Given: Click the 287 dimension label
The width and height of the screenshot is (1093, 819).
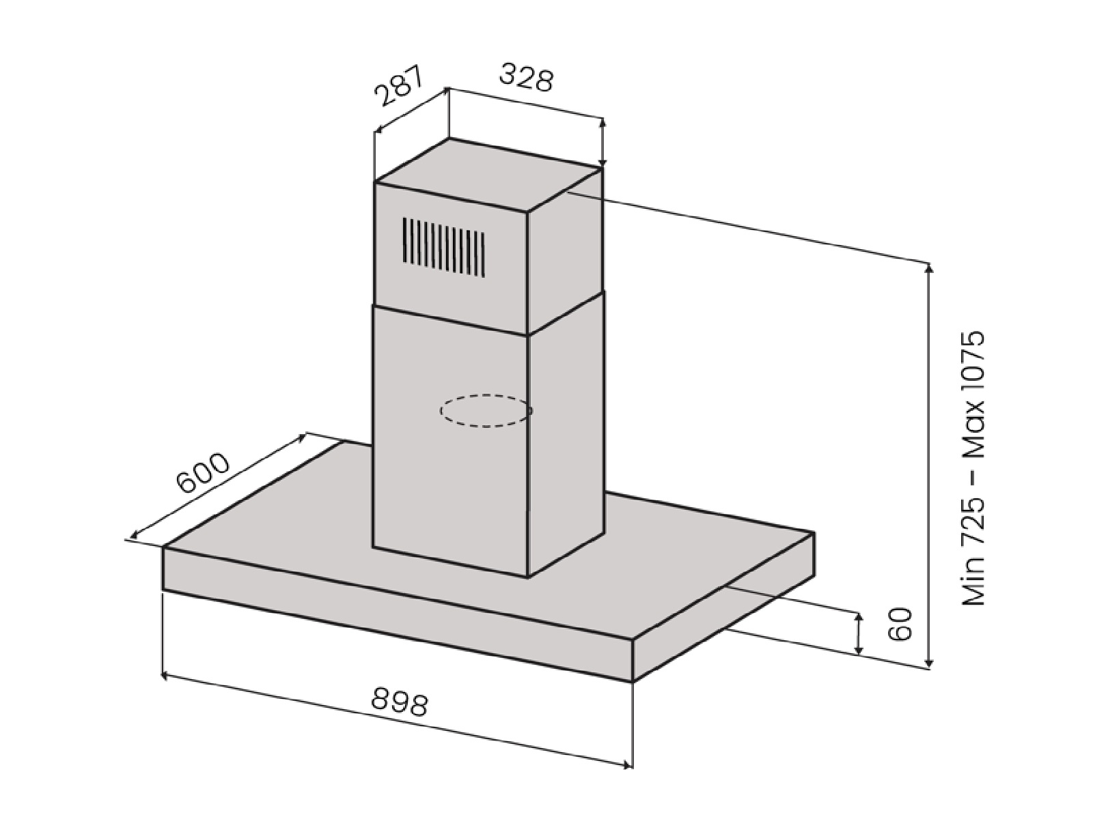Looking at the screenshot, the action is coord(400,86).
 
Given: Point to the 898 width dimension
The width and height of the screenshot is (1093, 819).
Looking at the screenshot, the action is coord(400,702).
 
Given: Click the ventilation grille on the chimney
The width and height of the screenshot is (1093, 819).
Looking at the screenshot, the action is coord(443,246).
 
